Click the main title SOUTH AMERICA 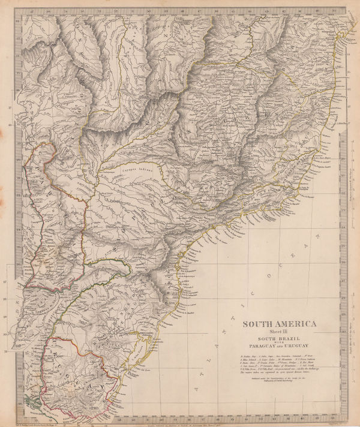(x=279, y=325)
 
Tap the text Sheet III (x=279, y=333)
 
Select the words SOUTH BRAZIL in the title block (x=279, y=340)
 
